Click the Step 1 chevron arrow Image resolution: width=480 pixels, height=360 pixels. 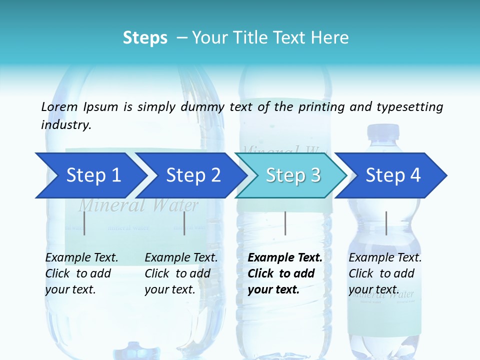click(x=90, y=175)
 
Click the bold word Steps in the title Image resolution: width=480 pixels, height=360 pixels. click(x=145, y=37)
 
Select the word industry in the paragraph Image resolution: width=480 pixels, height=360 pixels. click(x=66, y=124)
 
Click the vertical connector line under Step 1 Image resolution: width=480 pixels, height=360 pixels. click(x=84, y=223)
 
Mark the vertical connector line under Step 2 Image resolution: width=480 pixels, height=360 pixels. click(x=184, y=223)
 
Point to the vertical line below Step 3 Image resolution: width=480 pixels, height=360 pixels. click(x=285, y=223)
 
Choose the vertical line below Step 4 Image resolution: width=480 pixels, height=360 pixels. click(x=386, y=223)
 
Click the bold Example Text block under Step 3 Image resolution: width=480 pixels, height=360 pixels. click(x=285, y=273)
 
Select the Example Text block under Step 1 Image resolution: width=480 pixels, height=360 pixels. click(x=81, y=273)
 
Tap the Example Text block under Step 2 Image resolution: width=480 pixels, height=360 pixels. click(x=181, y=273)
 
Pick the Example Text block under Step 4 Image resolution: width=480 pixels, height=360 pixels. click(x=385, y=273)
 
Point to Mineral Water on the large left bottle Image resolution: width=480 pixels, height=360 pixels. click(x=138, y=204)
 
